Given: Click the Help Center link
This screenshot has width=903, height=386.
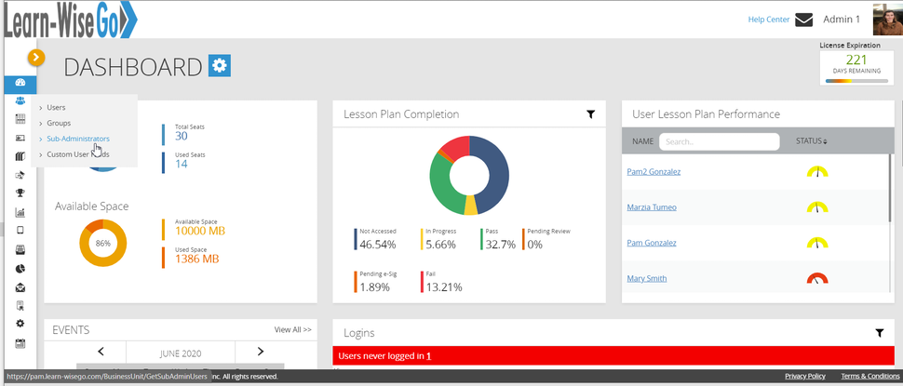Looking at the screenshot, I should (x=768, y=20).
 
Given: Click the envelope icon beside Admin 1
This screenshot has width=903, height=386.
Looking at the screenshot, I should (x=803, y=20).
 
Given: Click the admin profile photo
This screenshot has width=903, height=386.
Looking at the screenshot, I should (x=886, y=19).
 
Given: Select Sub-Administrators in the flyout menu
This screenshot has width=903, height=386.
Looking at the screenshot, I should (x=78, y=139).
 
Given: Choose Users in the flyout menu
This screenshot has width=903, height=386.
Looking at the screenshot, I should (x=56, y=108).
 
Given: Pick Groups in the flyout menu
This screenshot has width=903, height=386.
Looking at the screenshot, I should (x=59, y=123).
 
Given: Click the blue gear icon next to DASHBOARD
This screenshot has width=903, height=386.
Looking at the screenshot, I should (x=220, y=65).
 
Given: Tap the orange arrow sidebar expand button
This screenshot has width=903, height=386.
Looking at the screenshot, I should (x=35, y=57).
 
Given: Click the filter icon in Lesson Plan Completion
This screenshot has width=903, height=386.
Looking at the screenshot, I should (x=590, y=114).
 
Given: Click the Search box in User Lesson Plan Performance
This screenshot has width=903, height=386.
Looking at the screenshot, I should (x=719, y=142).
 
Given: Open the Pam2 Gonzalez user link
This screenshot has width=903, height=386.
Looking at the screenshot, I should (x=654, y=172).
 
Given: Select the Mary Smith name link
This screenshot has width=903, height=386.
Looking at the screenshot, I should (x=647, y=278).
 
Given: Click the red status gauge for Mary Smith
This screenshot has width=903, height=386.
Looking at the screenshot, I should (x=816, y=278).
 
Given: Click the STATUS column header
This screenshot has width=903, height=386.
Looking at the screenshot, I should (x=812, y=141).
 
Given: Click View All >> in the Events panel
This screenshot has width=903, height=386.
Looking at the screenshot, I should (x=292, y=329).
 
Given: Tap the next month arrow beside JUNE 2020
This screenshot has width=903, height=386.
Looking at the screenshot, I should (x=260, y=352).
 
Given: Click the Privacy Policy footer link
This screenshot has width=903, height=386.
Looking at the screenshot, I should (x=804, y=376).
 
